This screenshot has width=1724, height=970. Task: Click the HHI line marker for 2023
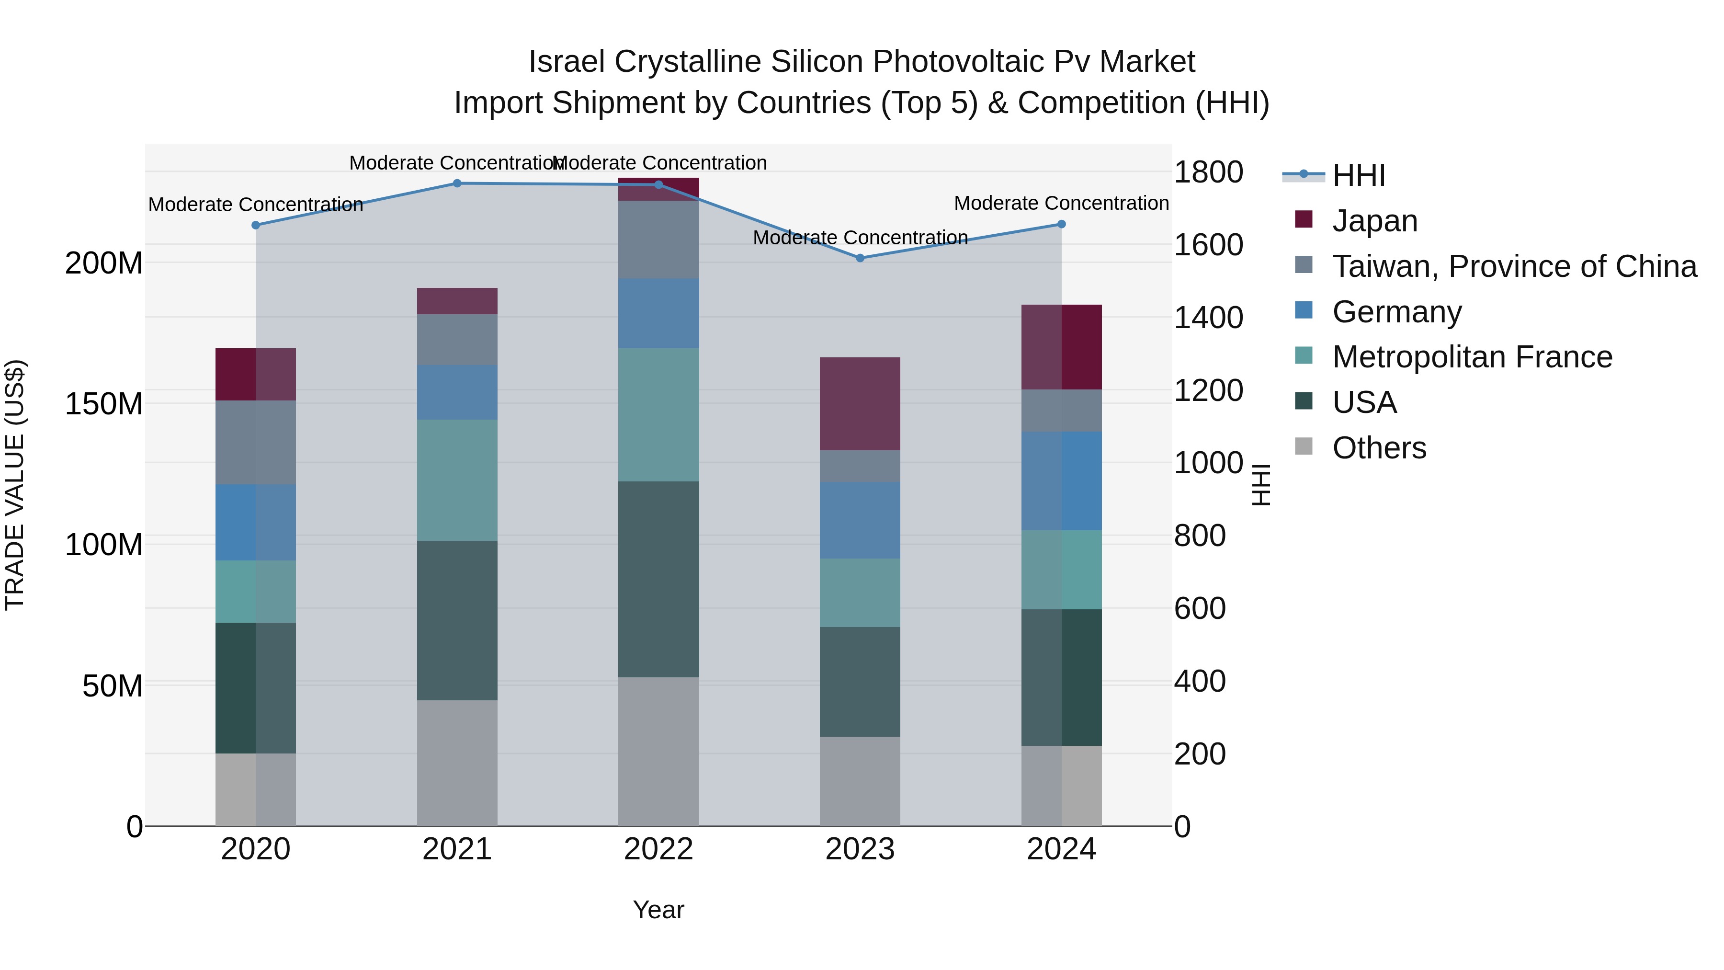coord(860,258)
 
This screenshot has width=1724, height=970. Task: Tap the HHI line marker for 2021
coord(457,183)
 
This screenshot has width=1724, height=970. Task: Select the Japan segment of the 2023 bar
coord(860,404)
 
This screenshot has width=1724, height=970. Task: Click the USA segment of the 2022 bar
coord(658,579)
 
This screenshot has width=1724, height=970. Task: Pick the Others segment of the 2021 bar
coord(457,763)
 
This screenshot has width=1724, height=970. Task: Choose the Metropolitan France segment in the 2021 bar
coord(457,480)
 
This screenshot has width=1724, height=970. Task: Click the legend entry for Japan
coord(1374,220)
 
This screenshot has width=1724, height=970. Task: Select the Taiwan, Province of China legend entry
coord(1514,266)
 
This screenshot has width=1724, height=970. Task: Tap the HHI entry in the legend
coord(1358,175)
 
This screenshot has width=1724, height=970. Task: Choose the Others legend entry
coord(1379,447)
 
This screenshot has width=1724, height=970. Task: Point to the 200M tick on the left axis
coord(104,263)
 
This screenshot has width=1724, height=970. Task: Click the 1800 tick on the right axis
coord(1209,172)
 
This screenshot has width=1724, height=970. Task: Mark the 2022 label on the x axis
coord(658,849)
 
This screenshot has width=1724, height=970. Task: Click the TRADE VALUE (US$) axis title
coord(15,485)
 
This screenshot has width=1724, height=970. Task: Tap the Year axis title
coord(658,910)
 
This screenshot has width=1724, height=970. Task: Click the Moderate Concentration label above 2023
coord(860,238)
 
